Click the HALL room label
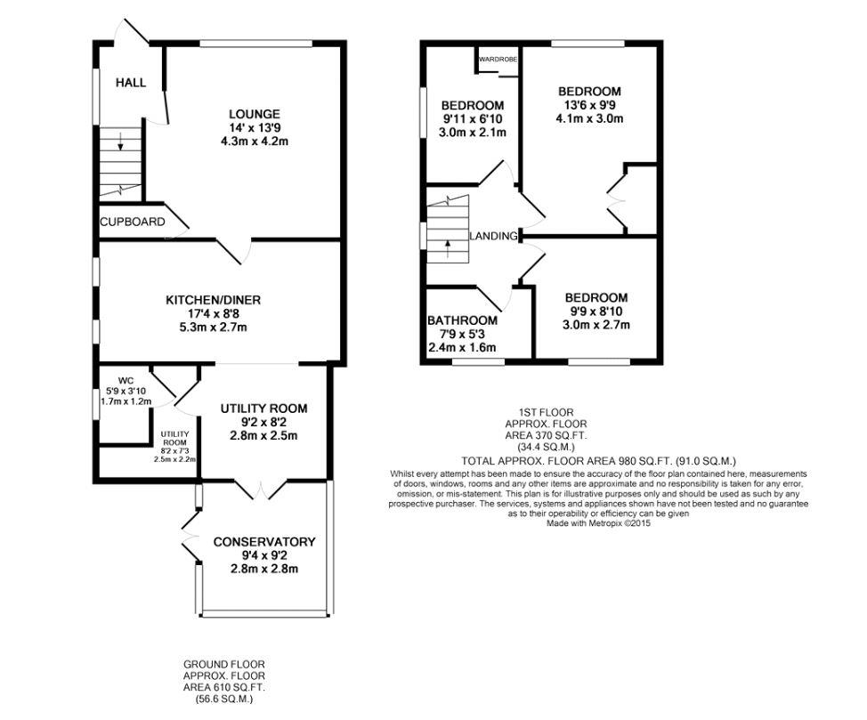131,83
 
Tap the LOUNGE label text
255,114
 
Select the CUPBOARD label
133,222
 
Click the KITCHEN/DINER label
214,300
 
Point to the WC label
126,380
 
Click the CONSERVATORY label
264,542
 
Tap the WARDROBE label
498,59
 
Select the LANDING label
493,236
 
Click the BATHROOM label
462,320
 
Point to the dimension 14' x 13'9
255,128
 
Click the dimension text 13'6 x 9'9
589,105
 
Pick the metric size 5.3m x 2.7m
214,327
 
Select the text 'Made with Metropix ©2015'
599,522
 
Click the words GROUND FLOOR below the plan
224,664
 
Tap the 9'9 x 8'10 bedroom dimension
596,311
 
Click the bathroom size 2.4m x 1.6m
462,348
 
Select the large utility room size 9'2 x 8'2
263,422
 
